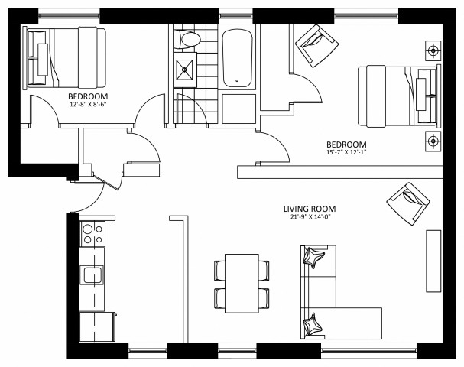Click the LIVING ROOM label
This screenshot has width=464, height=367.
tap(309, 209)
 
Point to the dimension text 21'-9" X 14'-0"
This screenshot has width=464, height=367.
tap(309, 218)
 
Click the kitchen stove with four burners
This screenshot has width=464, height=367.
tap(93, 234)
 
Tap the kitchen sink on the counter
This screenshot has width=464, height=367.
tap(92, 274)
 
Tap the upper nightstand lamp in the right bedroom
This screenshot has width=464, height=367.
tap(433, 51)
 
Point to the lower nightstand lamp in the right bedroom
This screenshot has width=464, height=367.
tap(433, 141)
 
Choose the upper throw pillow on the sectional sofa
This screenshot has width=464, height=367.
tap(313, 258)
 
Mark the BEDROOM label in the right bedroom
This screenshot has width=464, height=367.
tap(346, 145)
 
